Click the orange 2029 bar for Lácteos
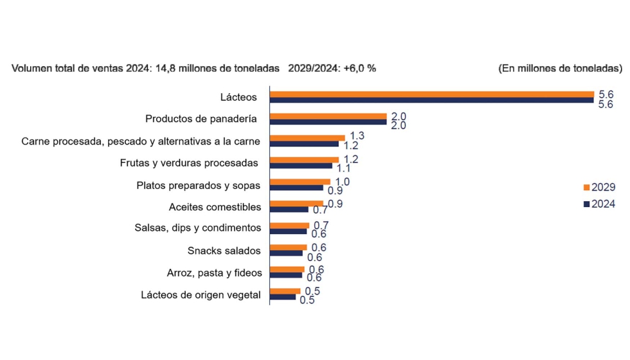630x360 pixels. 431,94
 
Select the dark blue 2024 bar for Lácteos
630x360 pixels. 431,100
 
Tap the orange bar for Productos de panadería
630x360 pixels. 328,116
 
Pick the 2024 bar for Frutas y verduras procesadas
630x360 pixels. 300,166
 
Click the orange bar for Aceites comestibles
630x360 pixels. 296,203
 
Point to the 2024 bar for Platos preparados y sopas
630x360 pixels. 296,188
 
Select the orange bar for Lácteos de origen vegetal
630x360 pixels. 285,291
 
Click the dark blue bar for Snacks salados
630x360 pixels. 285,253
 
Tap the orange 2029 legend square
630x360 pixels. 586,188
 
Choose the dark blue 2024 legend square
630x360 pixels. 586,204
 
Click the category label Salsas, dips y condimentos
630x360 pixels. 198,228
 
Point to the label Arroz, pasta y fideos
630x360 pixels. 214,273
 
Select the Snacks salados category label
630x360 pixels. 224,251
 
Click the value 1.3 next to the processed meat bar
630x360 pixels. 357,136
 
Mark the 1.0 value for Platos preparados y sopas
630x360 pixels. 343,181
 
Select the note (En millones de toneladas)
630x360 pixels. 560,68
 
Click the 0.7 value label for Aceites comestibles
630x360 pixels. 320,210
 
